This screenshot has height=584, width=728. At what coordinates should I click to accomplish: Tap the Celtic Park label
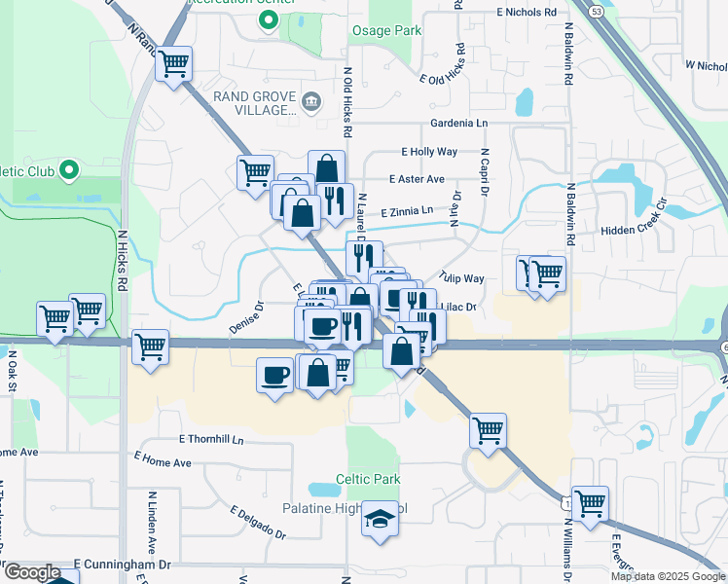click(x=368, y=480)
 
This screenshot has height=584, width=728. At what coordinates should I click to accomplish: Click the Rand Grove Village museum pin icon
click(x=310, y=100)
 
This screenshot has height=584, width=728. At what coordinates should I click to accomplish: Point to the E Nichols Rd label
click(x=530, y=13)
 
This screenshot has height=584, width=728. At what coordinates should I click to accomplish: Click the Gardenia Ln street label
click(x=460, y=124)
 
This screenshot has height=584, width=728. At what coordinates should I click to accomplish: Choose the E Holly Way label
click(x=429, y=152)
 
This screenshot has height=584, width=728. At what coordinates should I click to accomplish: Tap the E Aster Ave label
click(x=417, y=179)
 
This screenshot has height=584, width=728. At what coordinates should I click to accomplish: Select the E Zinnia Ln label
click(x=406, y=211)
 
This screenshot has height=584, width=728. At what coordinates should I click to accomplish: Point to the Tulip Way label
click(x=461, y=278)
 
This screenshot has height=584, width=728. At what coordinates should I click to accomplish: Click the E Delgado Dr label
click(x=258, y=522)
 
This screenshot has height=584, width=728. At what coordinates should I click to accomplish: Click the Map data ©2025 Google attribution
click(x=667, y=576)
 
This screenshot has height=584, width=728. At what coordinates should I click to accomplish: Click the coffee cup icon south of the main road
click(x=275, y=375)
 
